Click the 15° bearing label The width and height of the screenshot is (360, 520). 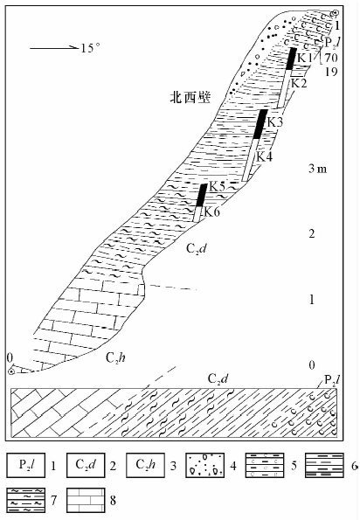point(90,48)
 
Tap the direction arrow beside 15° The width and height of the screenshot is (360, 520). point(54,48)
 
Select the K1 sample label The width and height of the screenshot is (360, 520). point(304,58)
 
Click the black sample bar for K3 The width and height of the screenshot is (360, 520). point(260,124)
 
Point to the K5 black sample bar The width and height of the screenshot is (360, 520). point(202,195)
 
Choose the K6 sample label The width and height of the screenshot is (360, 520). point(211,211)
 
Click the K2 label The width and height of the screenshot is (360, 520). point(299,83)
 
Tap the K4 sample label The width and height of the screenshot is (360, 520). point(265,156)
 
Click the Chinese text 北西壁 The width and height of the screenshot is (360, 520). point(190,98)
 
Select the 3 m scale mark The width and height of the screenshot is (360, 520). point(317,169)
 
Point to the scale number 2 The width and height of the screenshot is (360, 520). point(312,234)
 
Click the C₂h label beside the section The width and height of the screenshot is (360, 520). point(115,357)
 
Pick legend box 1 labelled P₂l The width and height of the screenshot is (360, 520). point(26,465)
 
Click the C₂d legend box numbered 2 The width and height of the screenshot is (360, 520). point(86,465)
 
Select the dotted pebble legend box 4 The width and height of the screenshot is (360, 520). point(204,465)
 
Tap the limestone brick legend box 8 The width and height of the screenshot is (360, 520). point(86,500)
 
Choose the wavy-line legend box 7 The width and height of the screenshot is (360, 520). point(26,500)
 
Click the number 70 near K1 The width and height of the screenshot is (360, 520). point(331,58)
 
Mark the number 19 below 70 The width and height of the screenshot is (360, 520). point(331,72)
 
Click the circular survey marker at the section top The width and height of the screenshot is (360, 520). point(336,13)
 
